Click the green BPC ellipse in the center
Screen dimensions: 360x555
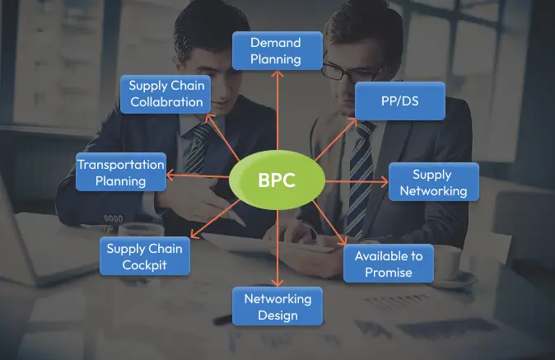tap(277, 180)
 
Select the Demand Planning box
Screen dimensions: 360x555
tap(276, 50)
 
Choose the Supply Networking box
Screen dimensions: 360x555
tap(433, 183)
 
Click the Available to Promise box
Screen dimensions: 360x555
tap(388, 263)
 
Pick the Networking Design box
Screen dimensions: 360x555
tap(277, 306)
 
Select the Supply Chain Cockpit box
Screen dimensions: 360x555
tap(145, 256)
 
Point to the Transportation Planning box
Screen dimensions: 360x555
tap(120, 172)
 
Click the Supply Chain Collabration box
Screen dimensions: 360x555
tap(166, 94)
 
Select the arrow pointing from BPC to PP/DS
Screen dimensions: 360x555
tap(337, 139)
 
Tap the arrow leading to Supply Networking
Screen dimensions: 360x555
tap(356, 181)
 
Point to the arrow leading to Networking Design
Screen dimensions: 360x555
tap(277, 247)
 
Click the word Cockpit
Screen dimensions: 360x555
tap(145, 265)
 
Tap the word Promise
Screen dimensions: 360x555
tap(388, 272)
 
